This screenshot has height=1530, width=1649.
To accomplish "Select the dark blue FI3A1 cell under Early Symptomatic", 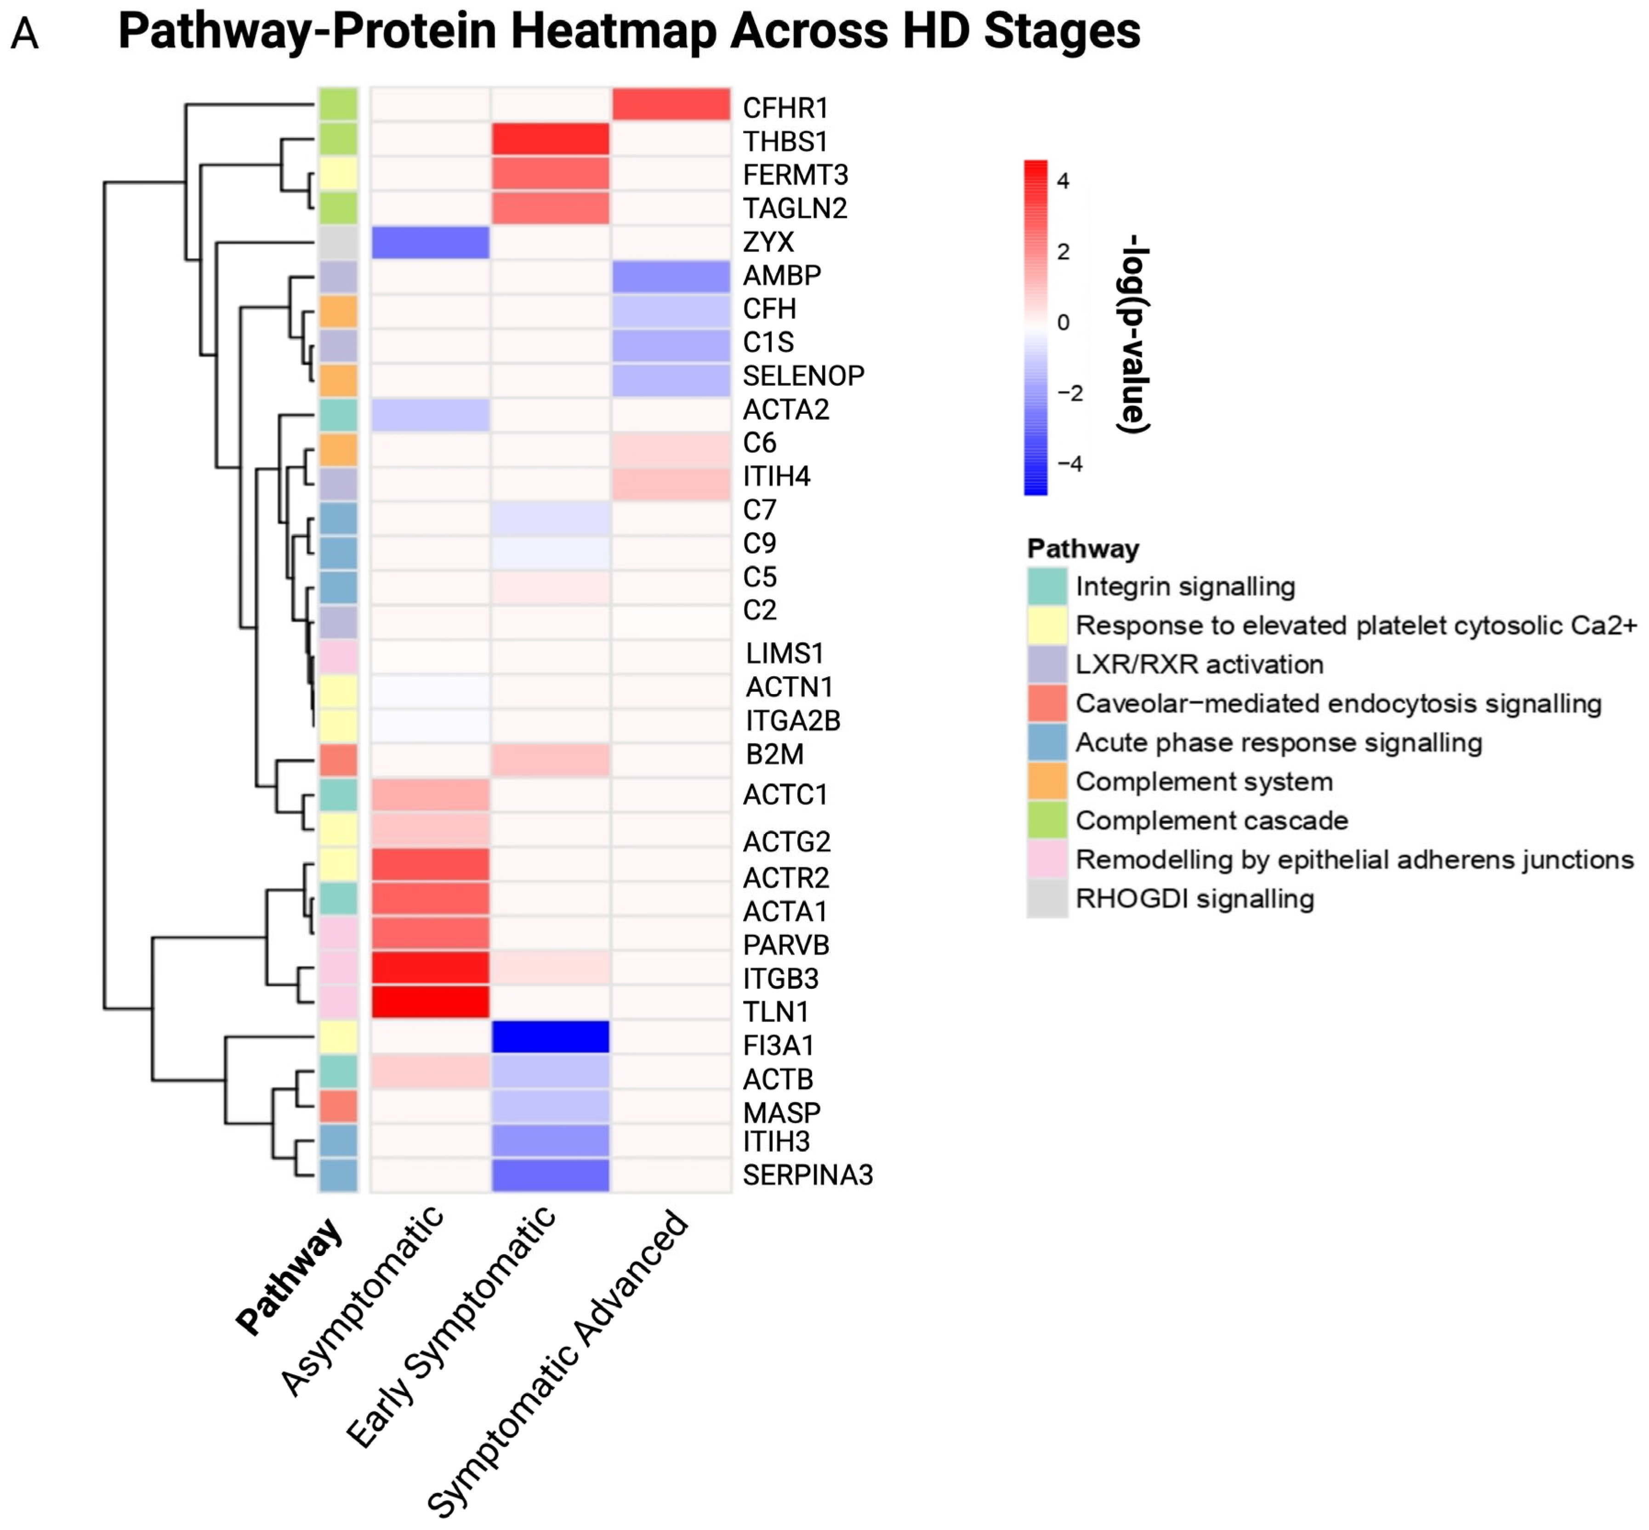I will pyautogui.click(x=551, y=1037).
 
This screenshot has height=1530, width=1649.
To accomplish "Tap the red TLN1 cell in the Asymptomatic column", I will pyautogui.click(x=430, y=1002).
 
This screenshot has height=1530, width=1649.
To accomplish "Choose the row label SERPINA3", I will pyautogui.click(x=807, y=1175).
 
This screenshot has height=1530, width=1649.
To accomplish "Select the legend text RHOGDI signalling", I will pyautogui.click(x=1194, y=898).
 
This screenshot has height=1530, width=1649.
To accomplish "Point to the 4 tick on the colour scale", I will pyautogui.click(x=1064, y=181).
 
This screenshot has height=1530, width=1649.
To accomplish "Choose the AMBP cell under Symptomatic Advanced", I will pyautogui.click(x=671, y=276).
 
